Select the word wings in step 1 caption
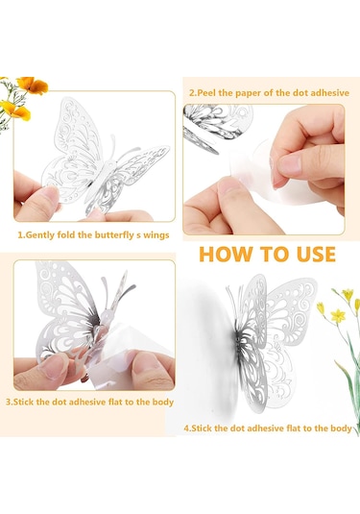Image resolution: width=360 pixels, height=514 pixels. (156, 235)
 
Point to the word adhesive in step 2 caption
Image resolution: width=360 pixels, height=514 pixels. (329, 93)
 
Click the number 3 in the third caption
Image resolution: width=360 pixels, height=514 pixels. (9, 403)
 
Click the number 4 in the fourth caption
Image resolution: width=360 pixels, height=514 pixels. (186, 428)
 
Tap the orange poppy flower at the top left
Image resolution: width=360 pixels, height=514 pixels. (32, 85)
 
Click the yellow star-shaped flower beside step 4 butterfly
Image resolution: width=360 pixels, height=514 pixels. (338, 316)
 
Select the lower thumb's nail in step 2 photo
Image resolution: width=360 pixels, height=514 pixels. (229, 185)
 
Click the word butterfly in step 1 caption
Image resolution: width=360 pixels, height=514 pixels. (114, 235)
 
